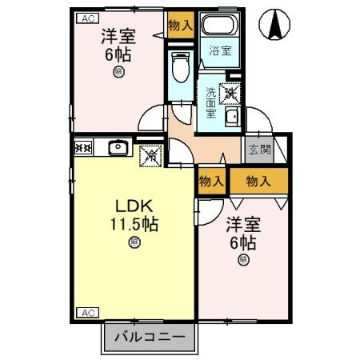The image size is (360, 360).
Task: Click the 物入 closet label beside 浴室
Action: (x=181, y=26)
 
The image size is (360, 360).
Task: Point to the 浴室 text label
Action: (x=220, y=50)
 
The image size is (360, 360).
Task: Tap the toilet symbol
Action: (x=181, y=66)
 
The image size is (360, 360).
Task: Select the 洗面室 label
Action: (x=210, y=102)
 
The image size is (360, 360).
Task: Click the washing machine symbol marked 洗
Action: (x=229, y=94)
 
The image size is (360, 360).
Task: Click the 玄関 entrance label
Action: (x=258, y=150)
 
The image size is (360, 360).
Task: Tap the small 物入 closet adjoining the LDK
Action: (x=211, y=182)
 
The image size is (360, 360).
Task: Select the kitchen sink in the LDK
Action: (x=118, y=147)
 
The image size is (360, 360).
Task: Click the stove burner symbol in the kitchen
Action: (x=83, y=147)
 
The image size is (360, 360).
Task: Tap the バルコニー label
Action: (x=149, y=337)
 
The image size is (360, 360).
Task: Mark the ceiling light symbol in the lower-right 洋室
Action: (x=241, y=258)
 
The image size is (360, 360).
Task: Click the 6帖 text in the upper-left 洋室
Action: (x=118, y=54)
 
